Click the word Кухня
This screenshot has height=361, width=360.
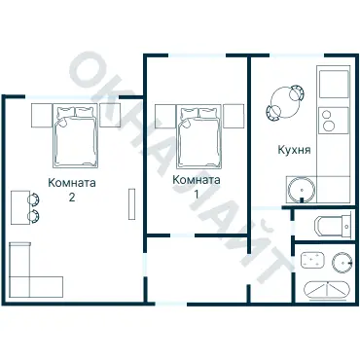pyautogui.click(x=294, y=150)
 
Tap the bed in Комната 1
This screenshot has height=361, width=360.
pyautogui.click(x=199, y=136)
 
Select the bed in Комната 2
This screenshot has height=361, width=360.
pyautogui.click(x=75, y=135)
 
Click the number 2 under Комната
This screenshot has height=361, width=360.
pyautogui.click(x=72, y=198)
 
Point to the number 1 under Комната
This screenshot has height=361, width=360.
pyautogui.click(x=197, y=194)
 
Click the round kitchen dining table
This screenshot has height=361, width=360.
pyautogui.click(x=285, y=103)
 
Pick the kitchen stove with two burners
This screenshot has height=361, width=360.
pyautogui.click(x=334, y=121)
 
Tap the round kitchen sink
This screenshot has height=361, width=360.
pyautogui.click(x=302, y=191)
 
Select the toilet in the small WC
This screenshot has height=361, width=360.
pyautogui.click(x=333, y=226)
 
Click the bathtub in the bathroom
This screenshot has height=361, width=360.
pyautogui.click(x=327, y=290)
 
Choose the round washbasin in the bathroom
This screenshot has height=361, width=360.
pyautogui.click(x=342, y=262)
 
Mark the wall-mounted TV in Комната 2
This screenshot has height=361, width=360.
pyautogui.click(x=131, y=204)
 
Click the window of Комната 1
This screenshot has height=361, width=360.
pyautogui.click(x=198, y=55)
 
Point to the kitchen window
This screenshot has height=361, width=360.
pyautogui.click(x=297, y=55)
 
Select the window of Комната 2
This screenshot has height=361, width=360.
pyautogui.click(x=72, y=96)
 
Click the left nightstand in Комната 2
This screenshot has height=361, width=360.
pyautogui.click(x=42, y=115)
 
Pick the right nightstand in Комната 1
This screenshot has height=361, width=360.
pyautogui.click(x=233, y=116)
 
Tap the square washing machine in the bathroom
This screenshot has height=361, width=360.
pyautogui.click(x=312, y=260)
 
